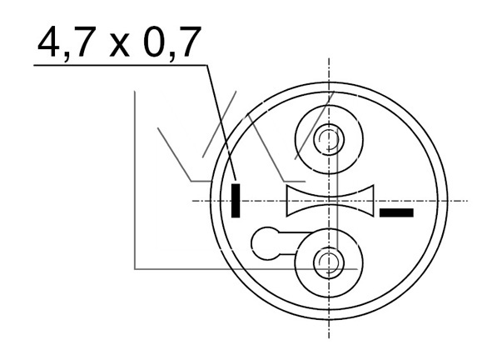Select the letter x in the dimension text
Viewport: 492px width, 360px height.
point(120,47)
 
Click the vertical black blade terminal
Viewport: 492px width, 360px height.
point(236,201)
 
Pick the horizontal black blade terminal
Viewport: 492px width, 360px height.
point(396,212)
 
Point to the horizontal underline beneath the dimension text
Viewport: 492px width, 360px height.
point(120,65)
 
